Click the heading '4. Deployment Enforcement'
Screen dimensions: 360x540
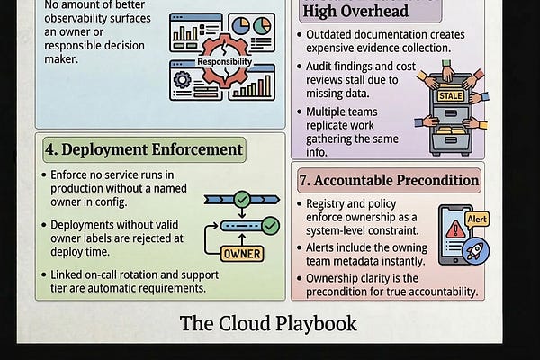pos(144,149)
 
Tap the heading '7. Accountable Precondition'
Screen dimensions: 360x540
pos(389,180)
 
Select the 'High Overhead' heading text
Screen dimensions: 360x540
pos(355,11)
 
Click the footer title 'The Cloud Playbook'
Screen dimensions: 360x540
pos(268,323)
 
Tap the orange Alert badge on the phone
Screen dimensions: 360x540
pos(476,219)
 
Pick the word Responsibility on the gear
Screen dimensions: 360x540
pos(226,62)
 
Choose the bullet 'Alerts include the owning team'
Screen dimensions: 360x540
pos(370,256)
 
